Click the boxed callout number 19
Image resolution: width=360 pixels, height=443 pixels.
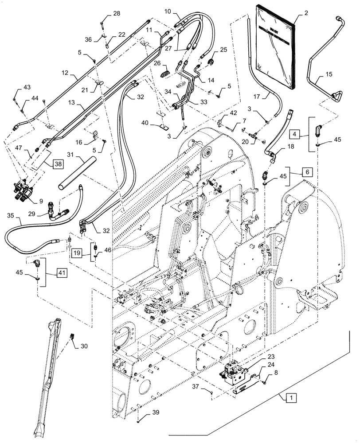pyautogui.click(x=76, y=253)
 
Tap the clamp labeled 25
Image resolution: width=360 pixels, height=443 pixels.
pyautogui.click(x=211, y=62)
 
